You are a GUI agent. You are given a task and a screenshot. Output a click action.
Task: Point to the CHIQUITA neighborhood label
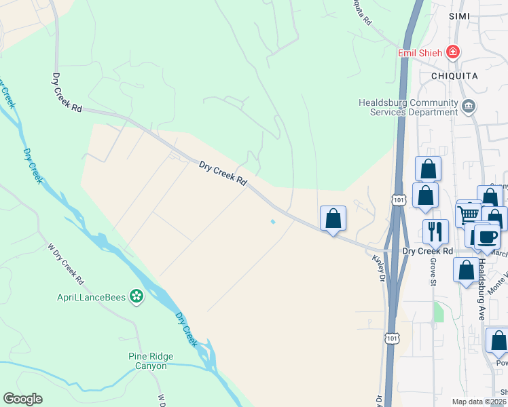tap(454, 76)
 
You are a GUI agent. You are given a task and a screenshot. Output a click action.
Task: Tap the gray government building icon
tap(469, 106)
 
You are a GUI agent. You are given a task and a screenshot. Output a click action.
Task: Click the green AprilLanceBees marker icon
tap(137, 296)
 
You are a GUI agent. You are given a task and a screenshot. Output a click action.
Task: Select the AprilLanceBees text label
tap(95, 296)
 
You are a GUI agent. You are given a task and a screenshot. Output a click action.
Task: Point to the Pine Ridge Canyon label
tap(151, 361)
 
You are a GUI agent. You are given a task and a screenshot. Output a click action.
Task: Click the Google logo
tap(22, 399)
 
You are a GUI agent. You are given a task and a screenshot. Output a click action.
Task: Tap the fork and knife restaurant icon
tap(435, 231)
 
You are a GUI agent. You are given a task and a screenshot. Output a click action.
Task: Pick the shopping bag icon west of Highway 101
tap(333, 219)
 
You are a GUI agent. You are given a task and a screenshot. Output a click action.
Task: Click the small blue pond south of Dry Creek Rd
tap(273, 221)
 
